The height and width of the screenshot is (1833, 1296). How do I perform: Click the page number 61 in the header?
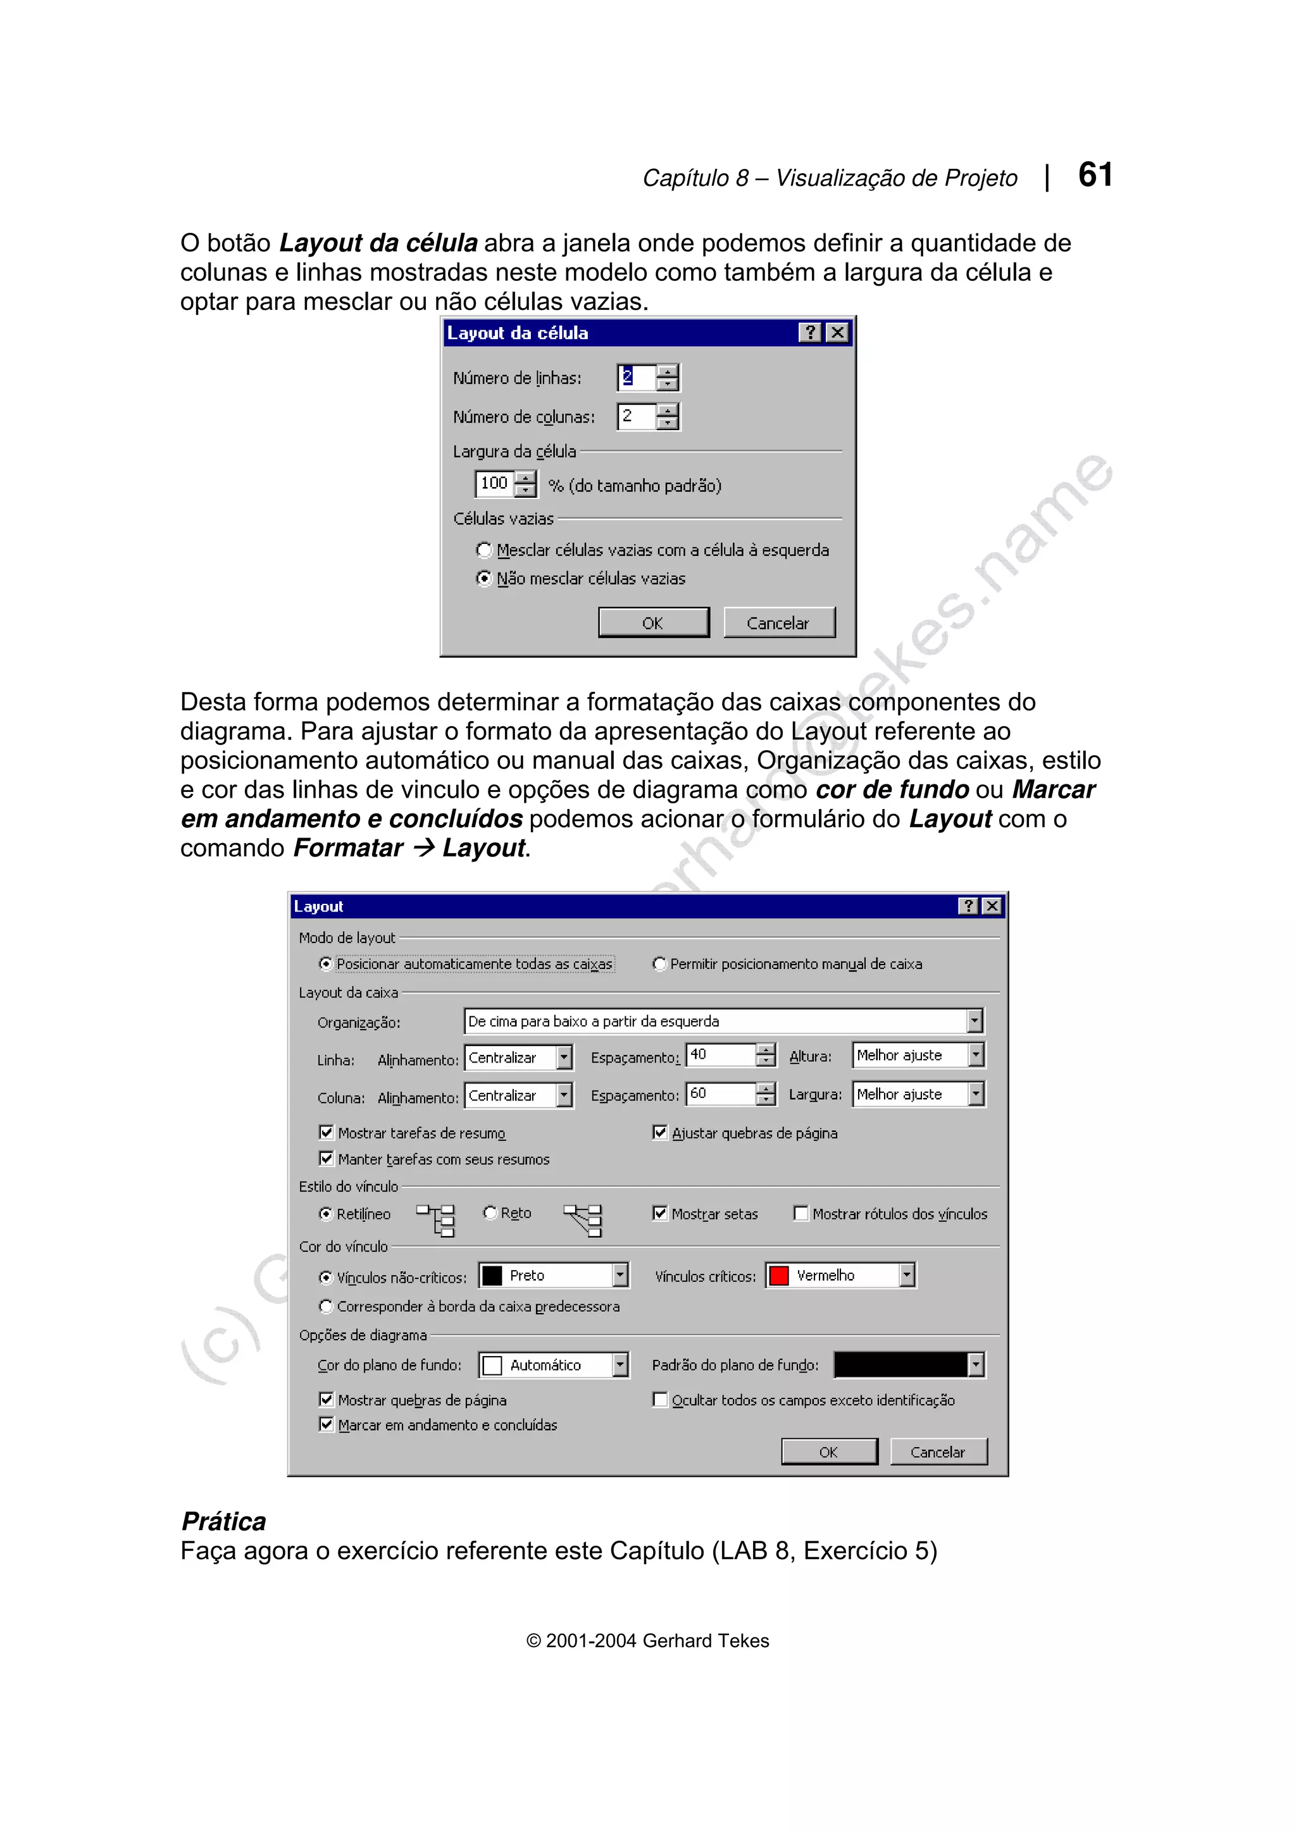[1095, 175]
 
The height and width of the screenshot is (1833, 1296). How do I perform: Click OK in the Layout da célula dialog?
[652, 623]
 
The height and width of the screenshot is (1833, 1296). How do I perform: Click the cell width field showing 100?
[494, 483]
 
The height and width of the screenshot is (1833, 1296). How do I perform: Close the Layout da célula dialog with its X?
[836, 333]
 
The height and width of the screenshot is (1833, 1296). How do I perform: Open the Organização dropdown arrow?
[974, 1021]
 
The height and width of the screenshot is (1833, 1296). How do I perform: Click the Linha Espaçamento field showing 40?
[720, 1054]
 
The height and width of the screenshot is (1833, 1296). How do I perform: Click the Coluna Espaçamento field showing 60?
[720, 1094]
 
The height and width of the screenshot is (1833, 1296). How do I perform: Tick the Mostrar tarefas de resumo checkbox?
[326, 1132]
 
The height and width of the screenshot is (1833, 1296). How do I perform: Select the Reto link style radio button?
[490, 1213]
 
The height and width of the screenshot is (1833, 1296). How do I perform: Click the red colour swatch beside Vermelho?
[778, 1276]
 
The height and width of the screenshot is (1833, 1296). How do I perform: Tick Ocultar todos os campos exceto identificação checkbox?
[659, 1400]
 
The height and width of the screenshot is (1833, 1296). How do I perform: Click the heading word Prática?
[223, 1522]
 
